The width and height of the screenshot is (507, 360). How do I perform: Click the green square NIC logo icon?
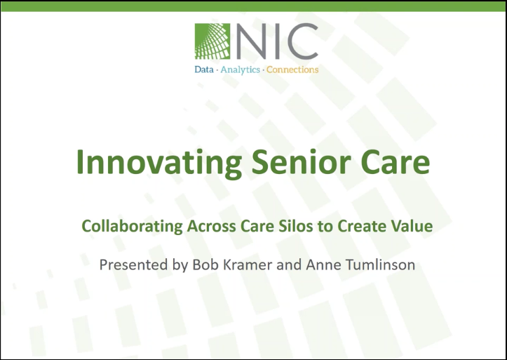(x=212, y=41)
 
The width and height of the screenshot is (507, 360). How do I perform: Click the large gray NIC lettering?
(x=277, y=41)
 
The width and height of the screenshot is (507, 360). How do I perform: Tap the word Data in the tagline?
(x=203, y=69)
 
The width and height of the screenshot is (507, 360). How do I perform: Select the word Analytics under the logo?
(x=241, y=70)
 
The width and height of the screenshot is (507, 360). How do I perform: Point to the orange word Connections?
(x=292, y=69)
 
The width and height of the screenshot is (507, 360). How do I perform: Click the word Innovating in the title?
(x=159, y=162)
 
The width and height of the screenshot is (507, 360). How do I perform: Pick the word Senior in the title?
(x=302, y=162)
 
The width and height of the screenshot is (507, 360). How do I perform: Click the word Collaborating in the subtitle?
(x=132, y=226)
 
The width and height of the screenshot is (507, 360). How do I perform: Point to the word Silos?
(x=295, y=226)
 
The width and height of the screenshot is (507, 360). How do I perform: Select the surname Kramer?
(x=246, y=265)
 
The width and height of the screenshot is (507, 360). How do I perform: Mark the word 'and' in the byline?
(x=289, y=265)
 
